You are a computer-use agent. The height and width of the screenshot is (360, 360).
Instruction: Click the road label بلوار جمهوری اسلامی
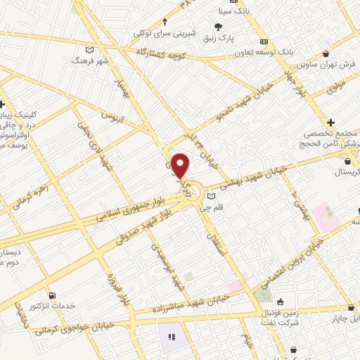click(135, 209)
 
